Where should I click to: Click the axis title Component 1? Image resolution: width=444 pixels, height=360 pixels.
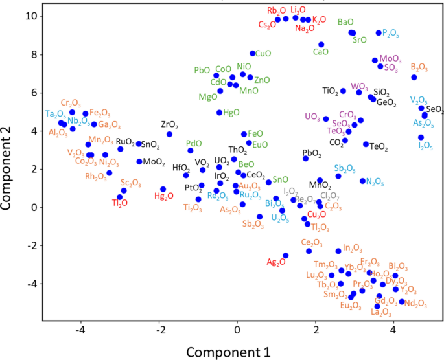pos(229,352)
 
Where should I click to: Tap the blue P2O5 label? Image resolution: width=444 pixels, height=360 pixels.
pos(391,32)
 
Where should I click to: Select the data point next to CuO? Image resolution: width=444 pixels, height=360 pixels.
pos(253,53)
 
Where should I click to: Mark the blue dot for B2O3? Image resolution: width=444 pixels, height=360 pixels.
pos(414,78)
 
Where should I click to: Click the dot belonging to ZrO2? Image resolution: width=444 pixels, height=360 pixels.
pos(169,134)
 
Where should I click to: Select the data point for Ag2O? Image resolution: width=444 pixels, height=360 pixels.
pos(285,256)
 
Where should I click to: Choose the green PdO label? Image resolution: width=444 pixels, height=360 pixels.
pos(194,143)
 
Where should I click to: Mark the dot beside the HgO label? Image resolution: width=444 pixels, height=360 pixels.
pos(219,113)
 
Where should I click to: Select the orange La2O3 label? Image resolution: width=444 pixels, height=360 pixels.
pos(381,312)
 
